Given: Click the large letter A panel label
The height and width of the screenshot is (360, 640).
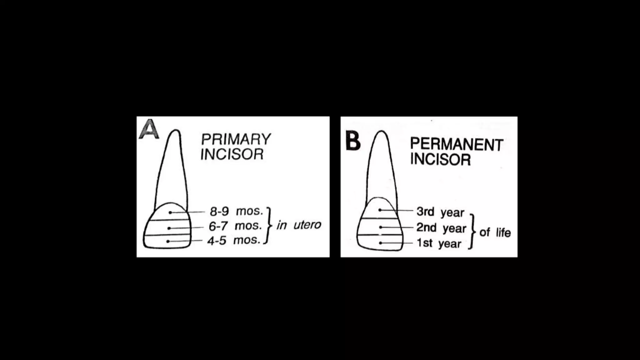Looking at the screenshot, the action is [149, 129].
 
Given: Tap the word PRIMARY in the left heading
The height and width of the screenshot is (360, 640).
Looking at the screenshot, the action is [236, 139].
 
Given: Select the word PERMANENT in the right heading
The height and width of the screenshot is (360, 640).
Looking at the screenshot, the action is [456, 144].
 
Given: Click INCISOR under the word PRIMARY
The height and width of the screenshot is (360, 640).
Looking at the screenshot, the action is [232, 154].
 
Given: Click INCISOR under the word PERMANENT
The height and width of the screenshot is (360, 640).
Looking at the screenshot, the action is [440, 159].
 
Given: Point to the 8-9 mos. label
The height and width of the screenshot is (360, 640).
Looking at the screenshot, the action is [236, 212].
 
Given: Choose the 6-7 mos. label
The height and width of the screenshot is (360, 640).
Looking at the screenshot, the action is [235, 226].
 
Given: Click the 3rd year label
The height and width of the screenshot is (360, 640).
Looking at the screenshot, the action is [440, 212].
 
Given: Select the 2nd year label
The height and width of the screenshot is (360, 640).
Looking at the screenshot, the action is [441, 228].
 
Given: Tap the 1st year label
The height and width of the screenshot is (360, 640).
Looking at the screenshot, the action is [439, 243].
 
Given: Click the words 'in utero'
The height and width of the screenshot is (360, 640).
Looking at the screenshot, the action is [299, 225].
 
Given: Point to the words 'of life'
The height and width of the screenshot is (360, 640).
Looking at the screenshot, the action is [495, 232].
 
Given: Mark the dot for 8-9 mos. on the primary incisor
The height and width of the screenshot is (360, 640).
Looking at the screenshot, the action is [170, 212].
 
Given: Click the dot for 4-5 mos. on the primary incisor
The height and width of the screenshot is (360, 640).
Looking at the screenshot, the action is [168, 241].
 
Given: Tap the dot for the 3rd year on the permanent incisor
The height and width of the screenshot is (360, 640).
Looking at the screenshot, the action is [380, 210].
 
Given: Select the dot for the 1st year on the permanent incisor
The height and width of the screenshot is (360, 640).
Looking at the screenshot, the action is [380, 243].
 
